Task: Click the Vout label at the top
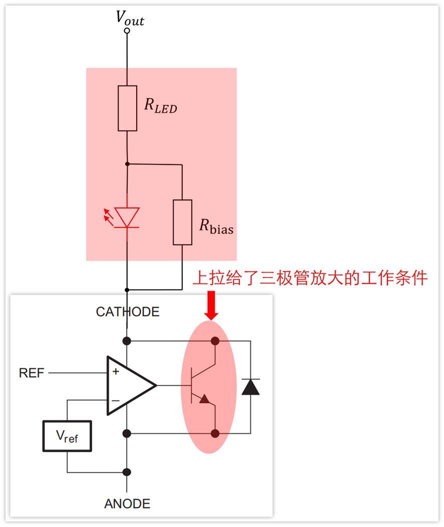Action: (130, 18)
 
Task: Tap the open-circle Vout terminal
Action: (127, 30)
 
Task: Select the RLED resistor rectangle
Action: (128, 108)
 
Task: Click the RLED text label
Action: (161, 105)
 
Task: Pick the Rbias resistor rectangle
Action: (183, 222)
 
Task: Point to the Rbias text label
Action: (216, 226)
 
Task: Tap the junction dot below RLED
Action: (127, 164)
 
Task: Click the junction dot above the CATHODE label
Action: (127, 289)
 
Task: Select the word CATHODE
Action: (128, 312)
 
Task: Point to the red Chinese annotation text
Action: (310, 278)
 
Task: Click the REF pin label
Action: (32, 372)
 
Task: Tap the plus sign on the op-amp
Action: (116, 371)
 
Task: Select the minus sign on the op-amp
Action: (115, 400)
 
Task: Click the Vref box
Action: (67, 436)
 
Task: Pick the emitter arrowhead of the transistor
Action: (204, 399)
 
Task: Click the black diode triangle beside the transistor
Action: (251, 387)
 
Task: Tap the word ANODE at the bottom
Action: (127, 504)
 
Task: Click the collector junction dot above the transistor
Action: (215, 341)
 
